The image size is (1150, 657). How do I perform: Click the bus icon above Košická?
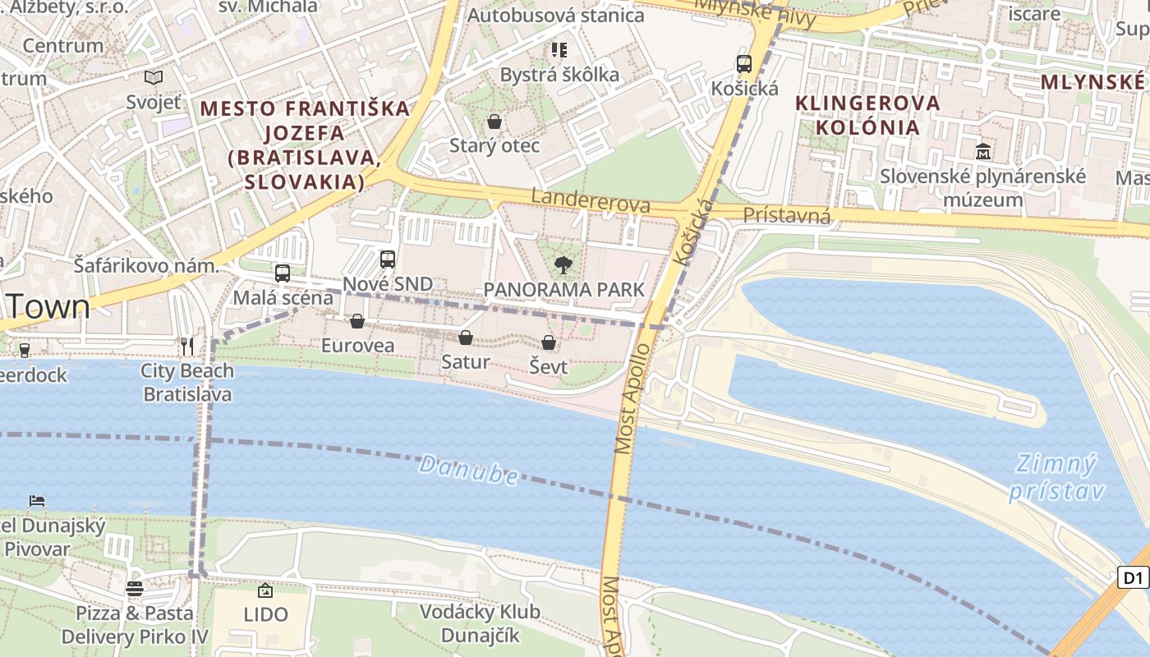(x=744, y=64)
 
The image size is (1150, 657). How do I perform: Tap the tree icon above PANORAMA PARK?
(x=563, y=264)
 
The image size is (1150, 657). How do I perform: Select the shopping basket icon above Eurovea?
(x=357, y=321)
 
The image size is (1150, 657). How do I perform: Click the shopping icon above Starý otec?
(x=494, y=122)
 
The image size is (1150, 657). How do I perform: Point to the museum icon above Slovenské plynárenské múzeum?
(x=982, y=152)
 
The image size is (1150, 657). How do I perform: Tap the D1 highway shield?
(x=1134, y=577)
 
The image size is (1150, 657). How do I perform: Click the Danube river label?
(x=468, y=471)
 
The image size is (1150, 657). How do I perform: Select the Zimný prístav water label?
(x=1056, y=477)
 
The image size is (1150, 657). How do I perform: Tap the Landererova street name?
(x=591, y=200)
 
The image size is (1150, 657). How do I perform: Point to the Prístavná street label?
(x=787, y=216)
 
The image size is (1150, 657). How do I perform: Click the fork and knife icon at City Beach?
(x=187, y=347)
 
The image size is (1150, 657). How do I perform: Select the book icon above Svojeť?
(x=154, y=78)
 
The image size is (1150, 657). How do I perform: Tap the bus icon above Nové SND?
(x=388, y=260)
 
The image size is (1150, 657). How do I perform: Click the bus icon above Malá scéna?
(x=283, y=273)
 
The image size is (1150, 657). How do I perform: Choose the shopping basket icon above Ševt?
(x=549, y=342)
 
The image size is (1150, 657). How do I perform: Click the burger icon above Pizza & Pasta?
(x=135, y=588)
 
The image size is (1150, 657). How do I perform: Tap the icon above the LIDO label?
(x=265, y=590)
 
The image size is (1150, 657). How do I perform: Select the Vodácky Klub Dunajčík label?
(x=480, y=623)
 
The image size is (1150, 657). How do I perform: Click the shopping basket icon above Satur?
(x=466, y=338)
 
